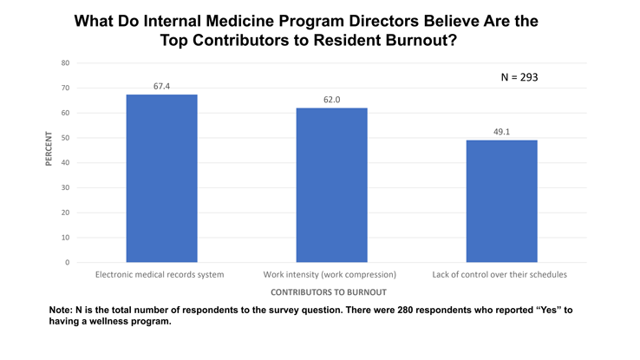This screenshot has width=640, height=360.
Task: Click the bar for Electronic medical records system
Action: click(161, 178)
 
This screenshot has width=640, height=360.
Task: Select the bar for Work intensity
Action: click(331, 185)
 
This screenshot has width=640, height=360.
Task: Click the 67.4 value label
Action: click(161, 86)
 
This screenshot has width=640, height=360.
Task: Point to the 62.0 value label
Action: click(331, 100)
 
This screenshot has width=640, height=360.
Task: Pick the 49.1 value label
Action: click(501, 132)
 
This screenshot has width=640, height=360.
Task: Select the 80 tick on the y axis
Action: click(66, 63)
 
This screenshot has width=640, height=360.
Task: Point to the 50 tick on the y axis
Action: click(66, 138)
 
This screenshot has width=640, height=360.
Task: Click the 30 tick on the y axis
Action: click(66, 187)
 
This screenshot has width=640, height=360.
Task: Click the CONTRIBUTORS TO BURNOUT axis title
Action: click(330, 292)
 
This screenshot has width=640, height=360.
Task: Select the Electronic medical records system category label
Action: click(160, 275)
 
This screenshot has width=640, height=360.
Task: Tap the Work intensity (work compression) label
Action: click(331, 275)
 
